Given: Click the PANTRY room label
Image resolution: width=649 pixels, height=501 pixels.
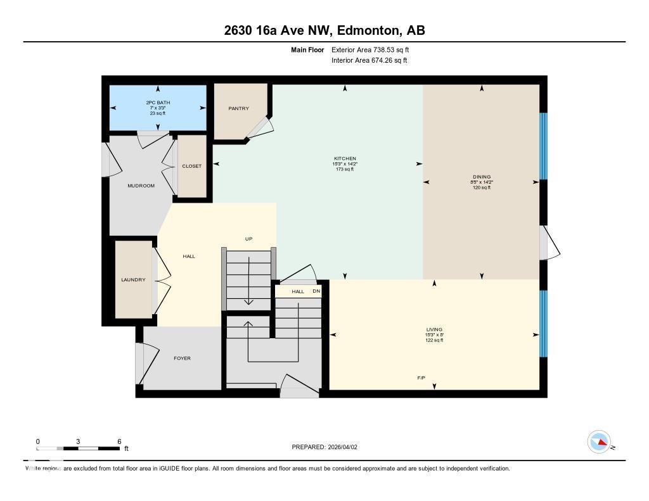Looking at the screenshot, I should coord(238,108).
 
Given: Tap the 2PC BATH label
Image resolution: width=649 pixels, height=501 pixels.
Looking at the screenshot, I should coord(158,103).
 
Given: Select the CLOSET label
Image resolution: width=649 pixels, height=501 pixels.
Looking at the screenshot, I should coord(191,166).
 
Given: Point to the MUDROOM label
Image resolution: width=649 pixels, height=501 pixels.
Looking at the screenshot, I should coord(141,186).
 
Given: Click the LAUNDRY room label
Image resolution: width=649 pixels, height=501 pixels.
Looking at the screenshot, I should coord(133,280).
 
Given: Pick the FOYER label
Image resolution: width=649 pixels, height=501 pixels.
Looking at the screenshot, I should coord(182,358).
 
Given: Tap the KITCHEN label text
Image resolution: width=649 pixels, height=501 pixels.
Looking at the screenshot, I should coord(345,158).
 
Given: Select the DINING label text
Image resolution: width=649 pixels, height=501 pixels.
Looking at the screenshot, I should coord(482,177).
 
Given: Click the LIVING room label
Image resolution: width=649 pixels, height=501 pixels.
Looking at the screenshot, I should coord(434,329).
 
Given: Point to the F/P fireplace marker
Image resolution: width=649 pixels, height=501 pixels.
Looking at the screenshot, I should coord(421,378).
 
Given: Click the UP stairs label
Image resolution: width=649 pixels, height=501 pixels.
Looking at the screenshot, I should coord(249,239).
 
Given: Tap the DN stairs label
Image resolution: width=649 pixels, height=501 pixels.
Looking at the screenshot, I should coord(316,291).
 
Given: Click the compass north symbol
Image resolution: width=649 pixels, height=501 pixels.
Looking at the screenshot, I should coord(600,442).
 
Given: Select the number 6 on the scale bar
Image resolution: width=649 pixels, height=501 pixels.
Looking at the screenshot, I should coord(119,441).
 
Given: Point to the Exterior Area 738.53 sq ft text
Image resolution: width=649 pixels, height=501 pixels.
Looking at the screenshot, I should coord(375,49).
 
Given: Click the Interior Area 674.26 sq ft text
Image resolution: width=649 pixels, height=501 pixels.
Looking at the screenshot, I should coord(369,61).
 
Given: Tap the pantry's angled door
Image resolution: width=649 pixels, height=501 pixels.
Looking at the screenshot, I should coord(260,127).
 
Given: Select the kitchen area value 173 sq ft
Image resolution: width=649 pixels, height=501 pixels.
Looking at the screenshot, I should coord(345,169).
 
